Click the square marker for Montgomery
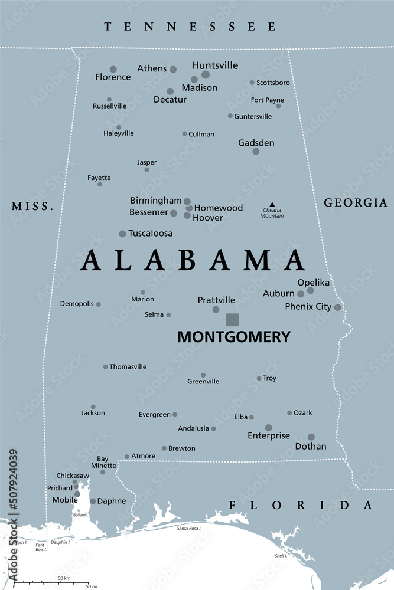[233, 320]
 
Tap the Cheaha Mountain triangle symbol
[272, 205]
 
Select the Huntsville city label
[215, 65]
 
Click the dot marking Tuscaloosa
[122, 234]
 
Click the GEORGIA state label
[356, 203]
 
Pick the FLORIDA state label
[301, 506]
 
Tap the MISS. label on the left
[32, 206]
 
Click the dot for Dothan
[311, 437]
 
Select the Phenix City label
[308, 307]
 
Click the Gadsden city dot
[256, 152]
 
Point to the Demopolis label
[77, 304]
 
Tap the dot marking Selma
[168, 315]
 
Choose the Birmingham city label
[156, 201]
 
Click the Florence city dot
[113, 69]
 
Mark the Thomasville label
[128, 367]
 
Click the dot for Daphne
[93, 501]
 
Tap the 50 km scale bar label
[63, 577]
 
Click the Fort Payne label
[267, 100]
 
